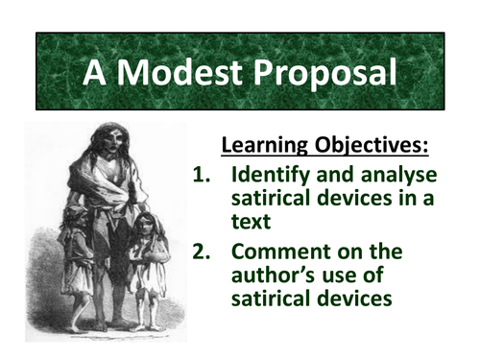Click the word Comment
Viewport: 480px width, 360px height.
click(280, 254)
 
